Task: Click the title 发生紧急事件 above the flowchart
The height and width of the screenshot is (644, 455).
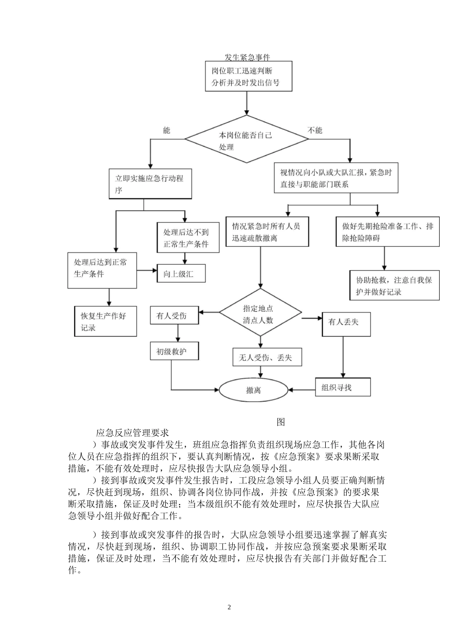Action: [x=247, y=57]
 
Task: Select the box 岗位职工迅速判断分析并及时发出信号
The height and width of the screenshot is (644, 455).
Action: [x=247, y=77]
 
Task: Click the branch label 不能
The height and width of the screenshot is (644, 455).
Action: [x=315, y=130]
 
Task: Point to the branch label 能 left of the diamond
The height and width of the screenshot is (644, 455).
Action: [x=166, y=130]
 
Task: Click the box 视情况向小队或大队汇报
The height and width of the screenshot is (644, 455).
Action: [x=336, y=178]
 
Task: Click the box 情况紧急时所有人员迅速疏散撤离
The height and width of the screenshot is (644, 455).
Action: [x=267, y=232]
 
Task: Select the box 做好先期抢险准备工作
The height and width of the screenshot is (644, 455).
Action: [x=387, y=232]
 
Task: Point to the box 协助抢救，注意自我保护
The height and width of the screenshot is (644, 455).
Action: [x=394, y=286]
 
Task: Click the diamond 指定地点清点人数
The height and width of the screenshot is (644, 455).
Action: [x=261, y=315]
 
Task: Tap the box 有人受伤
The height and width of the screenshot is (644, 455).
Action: [x=174, y=316]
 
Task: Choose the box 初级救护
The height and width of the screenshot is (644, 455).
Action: [x=174, y=351]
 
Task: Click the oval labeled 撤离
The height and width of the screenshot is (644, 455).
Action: [x=254, y=390]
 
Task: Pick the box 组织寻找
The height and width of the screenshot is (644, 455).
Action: [x=343, y=387]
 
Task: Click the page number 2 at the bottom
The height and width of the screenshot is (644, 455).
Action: [x=229, y=608]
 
